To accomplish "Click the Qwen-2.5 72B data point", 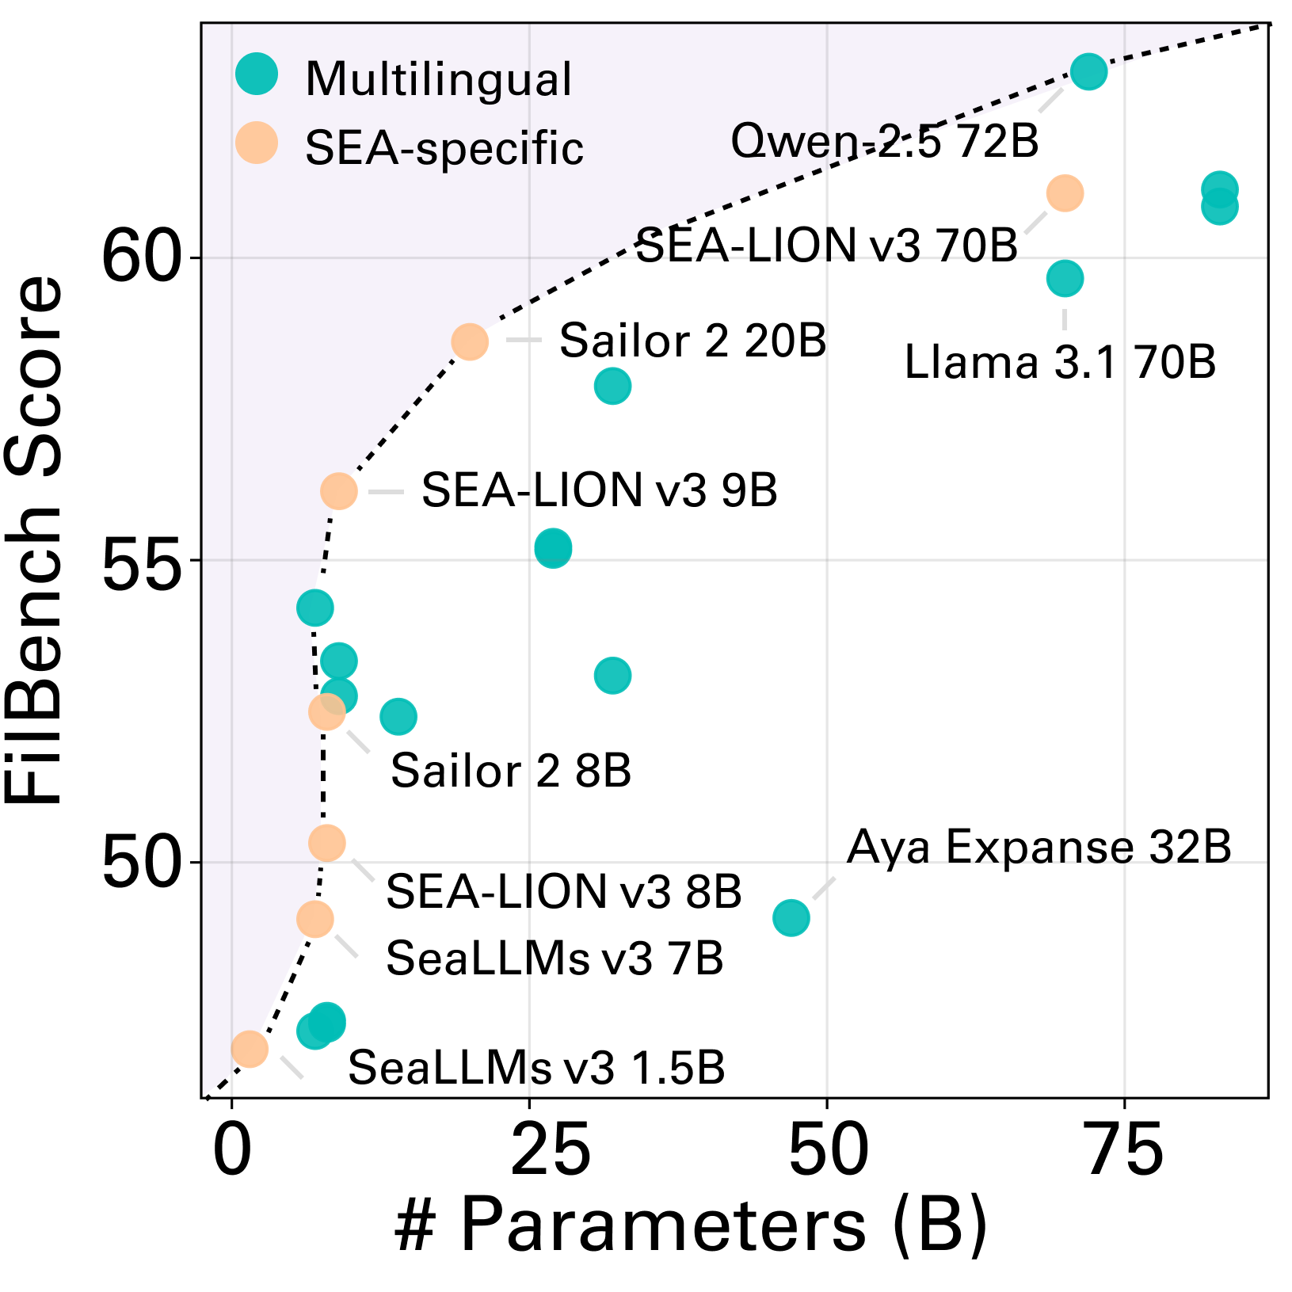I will point(1088,71).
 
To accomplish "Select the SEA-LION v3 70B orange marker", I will point(1065,193).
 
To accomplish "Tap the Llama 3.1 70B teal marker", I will point(1065,278).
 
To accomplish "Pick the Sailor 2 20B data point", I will point(470,341).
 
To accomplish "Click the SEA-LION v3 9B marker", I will point(339,491).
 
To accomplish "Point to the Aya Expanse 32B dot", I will point(791,918).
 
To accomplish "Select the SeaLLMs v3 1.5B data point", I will point(250,1049).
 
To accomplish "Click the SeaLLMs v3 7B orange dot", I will point(315,919).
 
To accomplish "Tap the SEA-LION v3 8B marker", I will point(326,843).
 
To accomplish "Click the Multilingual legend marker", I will point(257,74).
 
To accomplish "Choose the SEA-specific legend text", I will point(444,148).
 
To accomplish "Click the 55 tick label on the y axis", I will point(141,560).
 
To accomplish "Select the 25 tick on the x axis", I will point(551,1150).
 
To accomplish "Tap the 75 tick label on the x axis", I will point(1125,1150).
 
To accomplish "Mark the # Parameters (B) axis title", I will point(691,1225).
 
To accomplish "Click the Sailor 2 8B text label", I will point(511,771).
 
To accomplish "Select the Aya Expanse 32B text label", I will point(1039,847).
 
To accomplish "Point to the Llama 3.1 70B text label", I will point(1060,363).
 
